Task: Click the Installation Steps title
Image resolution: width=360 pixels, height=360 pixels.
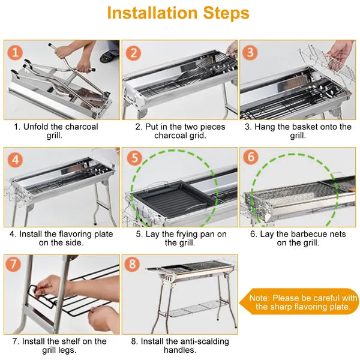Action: (x=178, y=13)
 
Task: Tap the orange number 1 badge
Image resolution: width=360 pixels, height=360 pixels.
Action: (x=16, y=52)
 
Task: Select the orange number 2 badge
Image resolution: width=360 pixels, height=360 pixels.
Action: (x=134, y=52)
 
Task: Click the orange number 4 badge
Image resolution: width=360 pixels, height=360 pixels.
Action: (x=16, y=160)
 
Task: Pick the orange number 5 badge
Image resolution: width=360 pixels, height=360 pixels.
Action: (x=134, y=160)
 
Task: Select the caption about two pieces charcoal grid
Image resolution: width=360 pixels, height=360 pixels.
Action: (x=179, y=131)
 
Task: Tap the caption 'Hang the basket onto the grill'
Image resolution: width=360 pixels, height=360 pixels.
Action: (x=298, y=131)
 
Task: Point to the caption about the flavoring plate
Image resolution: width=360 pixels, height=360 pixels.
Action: (x=61, y=238)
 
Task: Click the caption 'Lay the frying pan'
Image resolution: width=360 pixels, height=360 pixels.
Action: (x=179, y=238)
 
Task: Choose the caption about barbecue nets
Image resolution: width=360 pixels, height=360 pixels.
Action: (x=298, y=238)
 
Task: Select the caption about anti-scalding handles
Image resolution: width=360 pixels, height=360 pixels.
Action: (x=179, y=346)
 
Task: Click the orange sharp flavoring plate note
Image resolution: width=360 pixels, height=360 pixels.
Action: (x=303, y=302)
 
